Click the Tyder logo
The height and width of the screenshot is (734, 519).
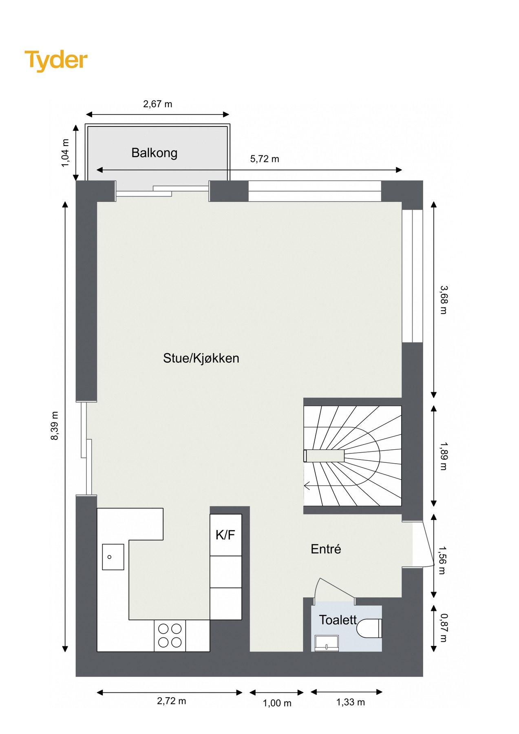coord(56,60)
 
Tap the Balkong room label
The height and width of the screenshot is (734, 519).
coord(154,153)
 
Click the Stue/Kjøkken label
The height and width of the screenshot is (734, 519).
coord(201,358)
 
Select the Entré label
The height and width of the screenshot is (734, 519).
coord(325,549)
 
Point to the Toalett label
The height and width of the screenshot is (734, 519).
coord(338,620)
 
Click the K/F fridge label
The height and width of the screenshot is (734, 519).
coord(225,535)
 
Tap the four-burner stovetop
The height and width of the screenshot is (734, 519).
coord(170,635)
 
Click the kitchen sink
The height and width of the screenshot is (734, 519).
coord(113,557)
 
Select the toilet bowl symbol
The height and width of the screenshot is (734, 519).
coord(369,628)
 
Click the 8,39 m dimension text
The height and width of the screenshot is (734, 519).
coord(55,426)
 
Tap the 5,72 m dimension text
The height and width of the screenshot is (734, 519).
coord(265,159)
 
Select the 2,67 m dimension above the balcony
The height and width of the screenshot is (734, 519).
coord(157,104)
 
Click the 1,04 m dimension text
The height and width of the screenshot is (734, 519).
coord(65,153)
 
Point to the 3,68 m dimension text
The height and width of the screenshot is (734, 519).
coord(444,300)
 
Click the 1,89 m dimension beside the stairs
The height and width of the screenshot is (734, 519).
coord(444,456)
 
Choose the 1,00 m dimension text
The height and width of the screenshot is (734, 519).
coord(277,703)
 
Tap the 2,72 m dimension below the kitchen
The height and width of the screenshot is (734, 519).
coord(171,701)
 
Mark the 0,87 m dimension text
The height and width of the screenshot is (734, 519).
coord(444,628)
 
